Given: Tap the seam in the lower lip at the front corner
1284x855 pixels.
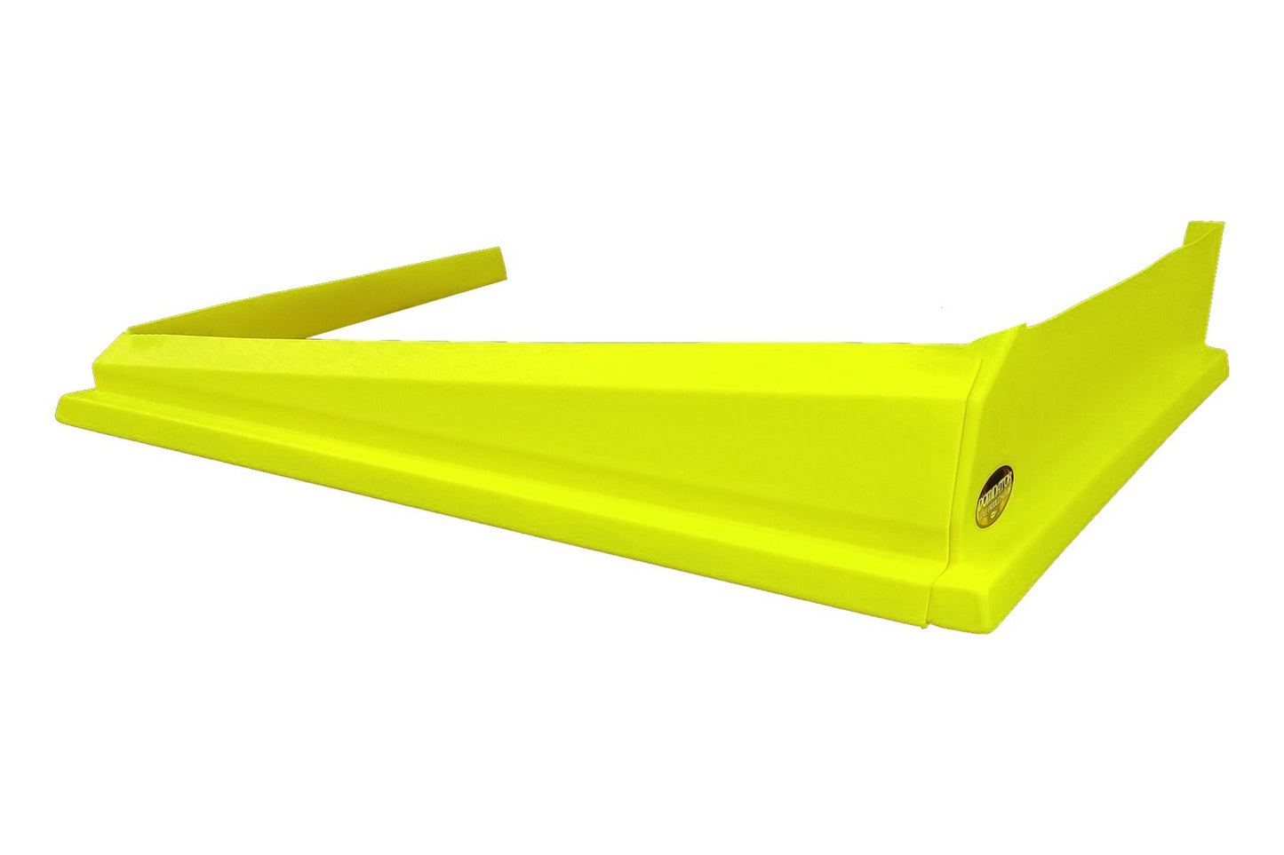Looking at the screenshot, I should (928, 604).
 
